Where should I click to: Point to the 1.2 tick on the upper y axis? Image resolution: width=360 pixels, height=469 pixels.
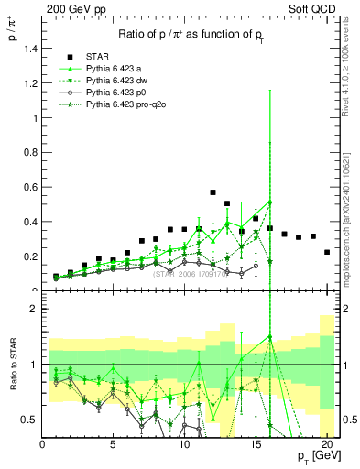30,83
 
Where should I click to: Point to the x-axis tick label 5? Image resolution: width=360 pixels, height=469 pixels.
114,446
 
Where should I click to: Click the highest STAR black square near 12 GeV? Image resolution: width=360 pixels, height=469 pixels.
213,193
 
